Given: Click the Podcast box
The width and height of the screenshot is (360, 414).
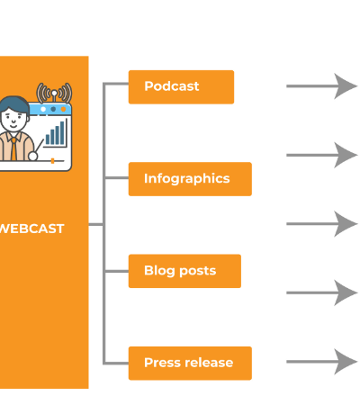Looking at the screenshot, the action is (181, 87).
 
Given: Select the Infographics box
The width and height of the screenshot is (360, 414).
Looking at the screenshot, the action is (190, 179).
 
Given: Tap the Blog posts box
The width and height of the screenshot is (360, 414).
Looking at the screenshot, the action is (184, 271).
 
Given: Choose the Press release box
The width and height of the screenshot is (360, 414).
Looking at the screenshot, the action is (190, 364).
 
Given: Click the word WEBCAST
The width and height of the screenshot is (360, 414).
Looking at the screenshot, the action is (31, 229).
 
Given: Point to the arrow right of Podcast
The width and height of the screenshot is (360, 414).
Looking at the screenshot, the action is (322, 86).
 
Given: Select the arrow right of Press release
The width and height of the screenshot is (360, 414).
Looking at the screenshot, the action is (322, 362).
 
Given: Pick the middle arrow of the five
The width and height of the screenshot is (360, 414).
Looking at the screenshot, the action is (322, 224).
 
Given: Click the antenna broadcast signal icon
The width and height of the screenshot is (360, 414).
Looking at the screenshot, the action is (54, 93).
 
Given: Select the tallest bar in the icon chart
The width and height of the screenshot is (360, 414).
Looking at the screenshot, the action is (62, 132).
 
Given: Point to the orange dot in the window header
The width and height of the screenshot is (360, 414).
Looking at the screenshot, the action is (63, 109).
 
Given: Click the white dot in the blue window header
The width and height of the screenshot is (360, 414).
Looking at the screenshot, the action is (43, 109).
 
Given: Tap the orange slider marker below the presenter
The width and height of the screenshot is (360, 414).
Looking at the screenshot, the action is (52, 161).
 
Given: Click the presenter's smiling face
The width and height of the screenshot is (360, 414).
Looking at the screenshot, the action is (13, 120).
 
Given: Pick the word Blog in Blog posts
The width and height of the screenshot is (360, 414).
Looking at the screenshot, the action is (159, 271).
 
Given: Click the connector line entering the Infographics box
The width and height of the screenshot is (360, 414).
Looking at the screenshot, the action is (117, 178).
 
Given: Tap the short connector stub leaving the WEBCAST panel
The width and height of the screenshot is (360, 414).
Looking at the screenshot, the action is (95, 224).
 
